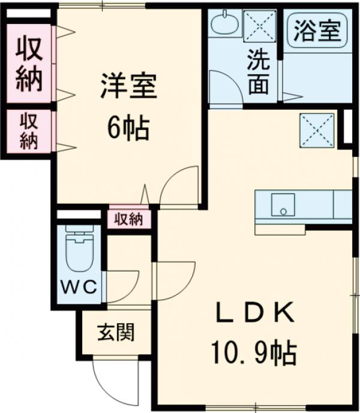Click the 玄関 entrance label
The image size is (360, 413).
click(116, 332)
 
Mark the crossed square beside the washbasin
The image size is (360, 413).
click(260, 26)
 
